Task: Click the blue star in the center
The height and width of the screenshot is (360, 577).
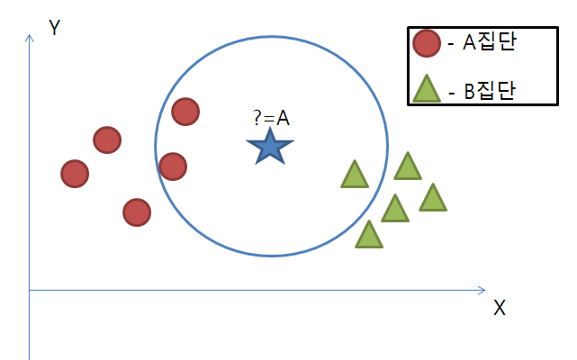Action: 268,147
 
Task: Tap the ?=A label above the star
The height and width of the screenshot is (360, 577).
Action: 271,118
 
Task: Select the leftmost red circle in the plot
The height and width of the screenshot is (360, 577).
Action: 75,174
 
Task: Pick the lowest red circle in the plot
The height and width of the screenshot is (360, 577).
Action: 136,212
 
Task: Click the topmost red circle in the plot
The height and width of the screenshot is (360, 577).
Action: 185,112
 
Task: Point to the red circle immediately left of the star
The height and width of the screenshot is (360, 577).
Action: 172,166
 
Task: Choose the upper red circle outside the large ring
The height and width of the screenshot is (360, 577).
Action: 107,139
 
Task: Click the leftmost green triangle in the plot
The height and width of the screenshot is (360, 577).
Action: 355,175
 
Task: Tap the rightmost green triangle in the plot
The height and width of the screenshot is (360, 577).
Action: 433,199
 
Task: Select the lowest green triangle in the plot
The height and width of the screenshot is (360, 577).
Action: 368,236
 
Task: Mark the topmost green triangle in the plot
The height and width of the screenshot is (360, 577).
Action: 408,167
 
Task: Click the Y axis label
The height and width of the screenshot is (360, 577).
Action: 54,28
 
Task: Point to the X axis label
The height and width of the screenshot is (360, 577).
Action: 500,308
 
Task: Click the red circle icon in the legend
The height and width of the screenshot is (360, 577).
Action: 425,41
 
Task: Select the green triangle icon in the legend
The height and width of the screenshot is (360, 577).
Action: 425,88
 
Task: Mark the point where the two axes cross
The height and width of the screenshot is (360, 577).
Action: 30,291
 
